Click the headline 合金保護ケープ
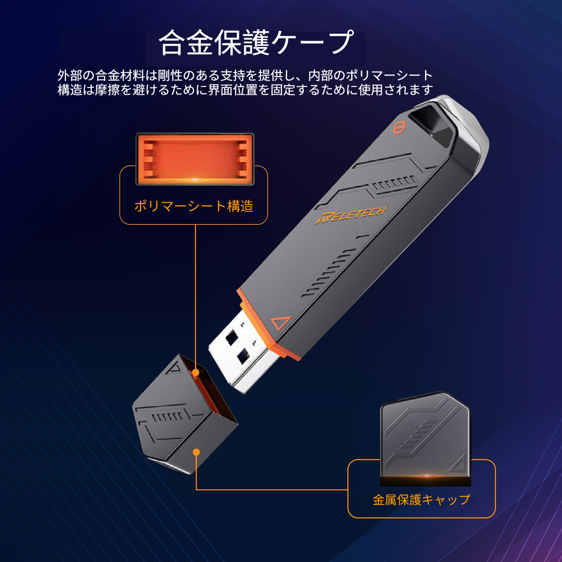[x=256, y=43]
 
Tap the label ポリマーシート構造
[x=194, y=206]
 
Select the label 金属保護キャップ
[x=421, y=499]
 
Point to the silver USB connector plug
[x=242, y=351]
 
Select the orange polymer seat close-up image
[x=195, y=159]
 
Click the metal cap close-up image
[x=425, y=438]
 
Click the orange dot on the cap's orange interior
[x=196, y=372]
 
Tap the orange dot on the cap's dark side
[x=196, y=452]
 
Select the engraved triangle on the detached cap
[x=174, y=368]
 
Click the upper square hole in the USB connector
[x=232, y=338]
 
